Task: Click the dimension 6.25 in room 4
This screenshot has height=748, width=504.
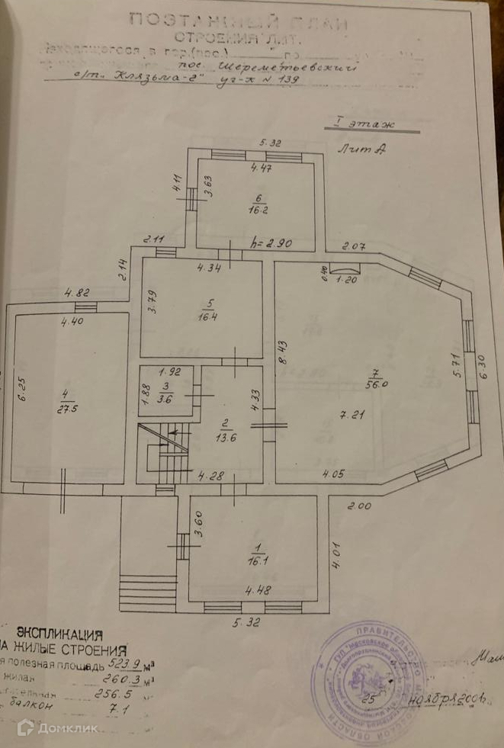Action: point(23,392)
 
